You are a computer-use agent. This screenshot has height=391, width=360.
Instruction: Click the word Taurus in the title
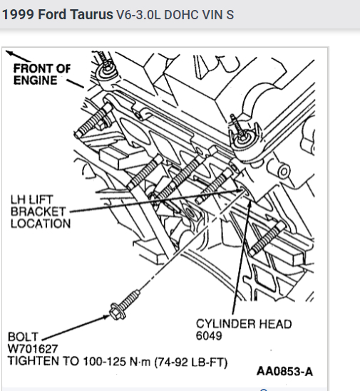click(x=91, y=15)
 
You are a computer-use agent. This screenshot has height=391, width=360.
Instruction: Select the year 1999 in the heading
click(x=18, y=15)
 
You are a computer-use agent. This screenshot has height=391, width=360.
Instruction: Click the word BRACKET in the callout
click(x=38, y=212)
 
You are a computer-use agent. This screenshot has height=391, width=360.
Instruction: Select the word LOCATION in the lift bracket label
click(x=41, y=224)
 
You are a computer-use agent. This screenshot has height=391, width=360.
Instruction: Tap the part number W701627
click(x=33, y=348)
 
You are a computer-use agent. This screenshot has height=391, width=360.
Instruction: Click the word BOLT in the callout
click(x=23, y=337)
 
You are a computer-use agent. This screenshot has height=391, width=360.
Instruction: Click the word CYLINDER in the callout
click(x=225, y=324)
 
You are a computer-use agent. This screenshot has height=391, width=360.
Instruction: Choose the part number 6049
click(x=209, y=335)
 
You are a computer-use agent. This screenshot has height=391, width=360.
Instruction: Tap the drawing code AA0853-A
click(x=284, y=371)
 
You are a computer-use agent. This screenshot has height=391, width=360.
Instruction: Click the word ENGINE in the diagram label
click(x=35, y=80)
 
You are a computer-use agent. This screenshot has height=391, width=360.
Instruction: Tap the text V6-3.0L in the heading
click(x=138, y=15)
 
